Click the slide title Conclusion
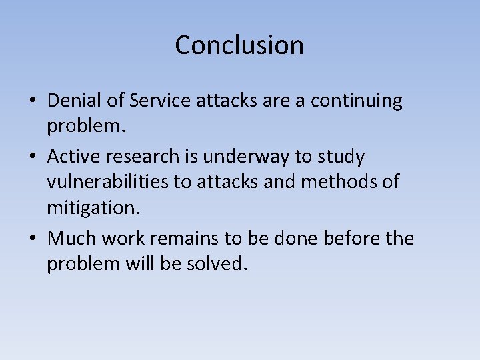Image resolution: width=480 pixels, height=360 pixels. (239, 45)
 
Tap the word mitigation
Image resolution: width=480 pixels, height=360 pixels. (93, 208)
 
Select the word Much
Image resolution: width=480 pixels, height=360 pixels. (72, 238)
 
